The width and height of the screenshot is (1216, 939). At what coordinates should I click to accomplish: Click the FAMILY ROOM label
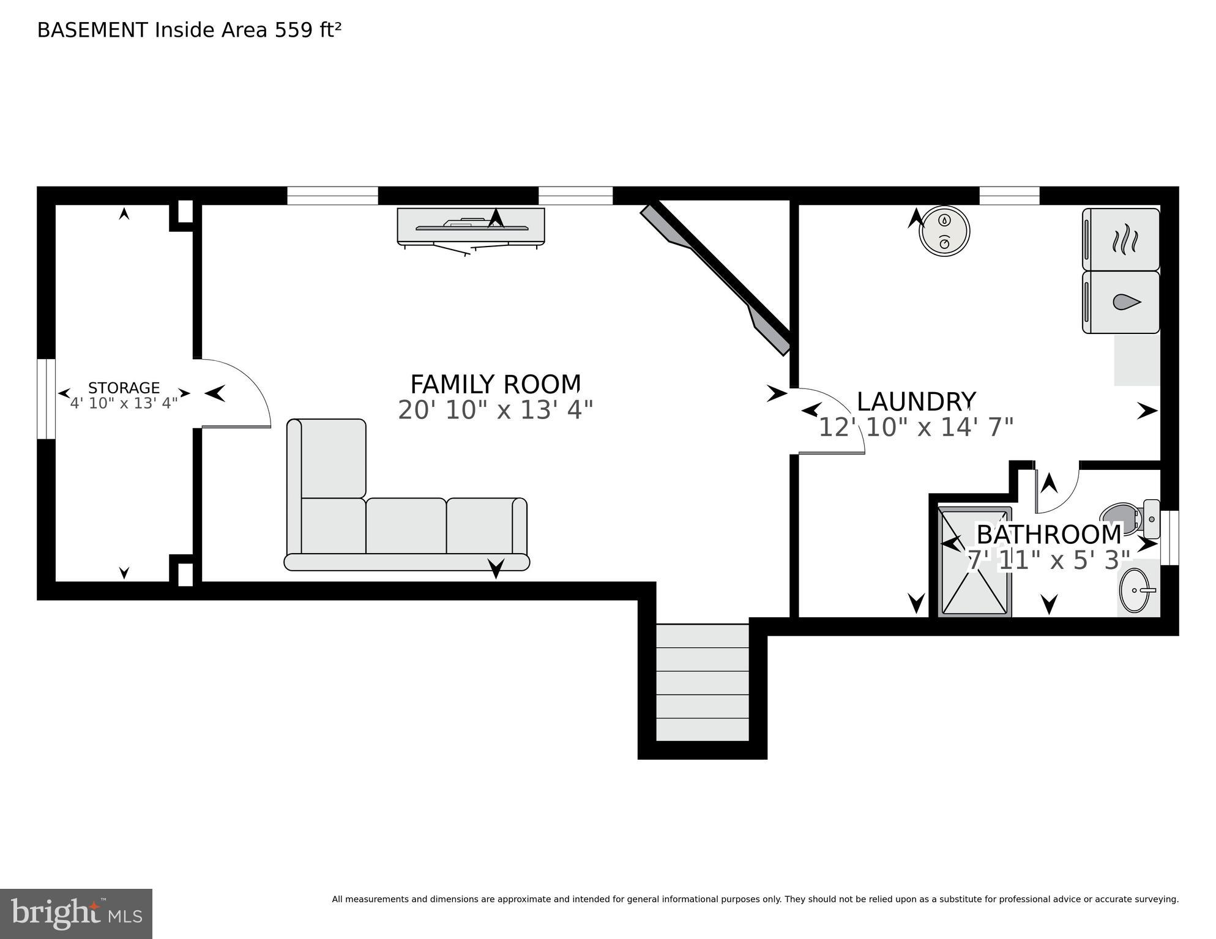[x=495, y=385]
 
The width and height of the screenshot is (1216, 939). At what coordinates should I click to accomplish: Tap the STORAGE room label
[x=124, y=388]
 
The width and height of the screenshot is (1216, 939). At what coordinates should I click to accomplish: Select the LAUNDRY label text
[x=916, y=402]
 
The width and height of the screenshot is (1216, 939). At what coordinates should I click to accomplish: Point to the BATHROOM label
[x=1049, y=535]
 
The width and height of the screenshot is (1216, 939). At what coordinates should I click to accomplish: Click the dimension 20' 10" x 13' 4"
[x=495, y=410]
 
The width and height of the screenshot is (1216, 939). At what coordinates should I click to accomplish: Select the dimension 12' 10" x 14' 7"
[x=916, y=428]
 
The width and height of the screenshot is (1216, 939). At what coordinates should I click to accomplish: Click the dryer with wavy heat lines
[x=1121, y=240]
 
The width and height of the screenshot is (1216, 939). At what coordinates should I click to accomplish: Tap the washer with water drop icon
[x=1121, y=302]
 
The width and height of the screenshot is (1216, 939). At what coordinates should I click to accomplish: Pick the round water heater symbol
[x=945, y=231]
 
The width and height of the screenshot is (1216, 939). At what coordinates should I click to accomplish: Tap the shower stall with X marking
[x=974, y=562]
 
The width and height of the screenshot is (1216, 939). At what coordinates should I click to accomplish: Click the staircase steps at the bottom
[x=703, y=682]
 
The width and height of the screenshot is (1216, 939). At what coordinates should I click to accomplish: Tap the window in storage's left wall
[x=46, y=399]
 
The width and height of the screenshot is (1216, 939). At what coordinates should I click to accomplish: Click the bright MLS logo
[x=76, y=914]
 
